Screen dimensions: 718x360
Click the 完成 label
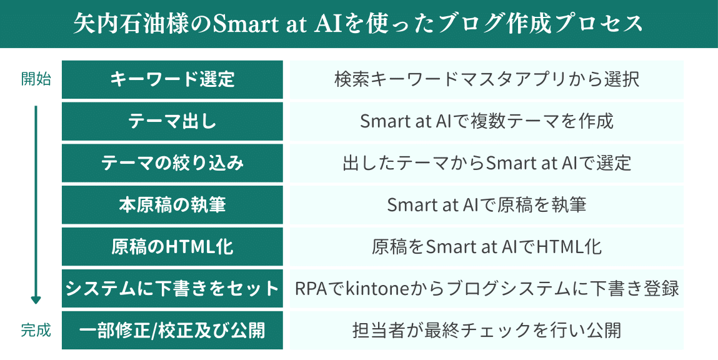(36, 330)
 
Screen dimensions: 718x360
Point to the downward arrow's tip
(36, 304)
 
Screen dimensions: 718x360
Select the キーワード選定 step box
(172, 80)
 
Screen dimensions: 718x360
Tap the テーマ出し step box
(172, 121)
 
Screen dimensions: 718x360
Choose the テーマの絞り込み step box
(172, 163)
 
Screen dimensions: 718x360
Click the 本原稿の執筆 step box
(172, 205)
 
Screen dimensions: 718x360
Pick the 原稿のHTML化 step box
(172, 247)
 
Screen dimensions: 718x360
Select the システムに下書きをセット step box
(172, 289)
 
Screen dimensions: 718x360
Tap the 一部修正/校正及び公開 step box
(172, 330)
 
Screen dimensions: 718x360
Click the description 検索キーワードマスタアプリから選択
(486, 80)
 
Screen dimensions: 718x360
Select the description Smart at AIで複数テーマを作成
(486, 121)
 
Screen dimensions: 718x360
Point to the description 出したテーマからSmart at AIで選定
(486, 163)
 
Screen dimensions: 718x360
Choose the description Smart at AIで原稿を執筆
(486, 205)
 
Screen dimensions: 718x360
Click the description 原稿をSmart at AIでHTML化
(486, 247)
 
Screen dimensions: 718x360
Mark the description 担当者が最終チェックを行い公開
(486, 330)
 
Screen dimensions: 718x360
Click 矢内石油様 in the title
(119, 24)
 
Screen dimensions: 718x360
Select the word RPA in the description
(312, 289)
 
